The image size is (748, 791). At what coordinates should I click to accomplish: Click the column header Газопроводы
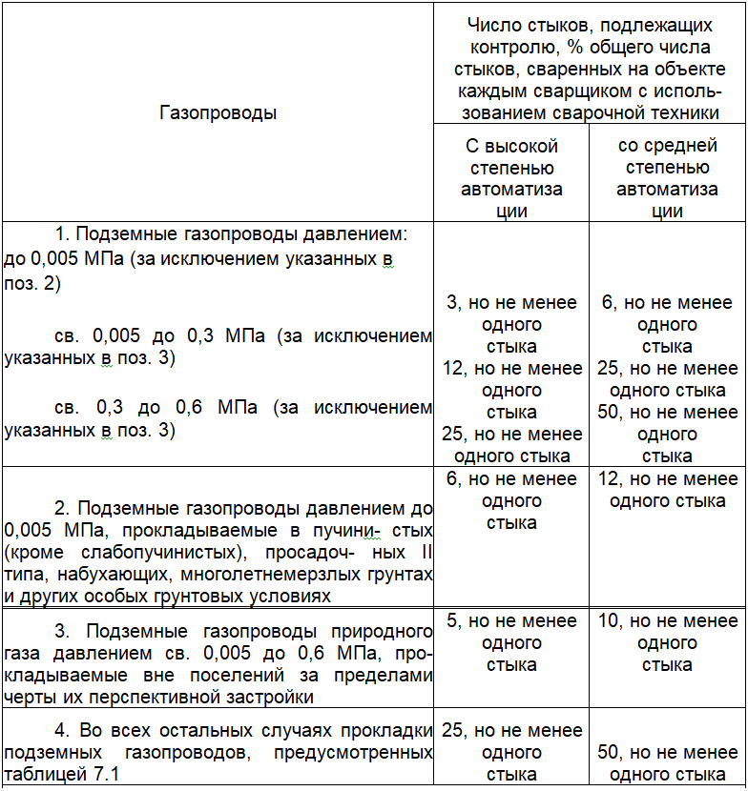218,112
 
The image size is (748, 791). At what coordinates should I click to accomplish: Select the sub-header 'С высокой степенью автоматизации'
511,178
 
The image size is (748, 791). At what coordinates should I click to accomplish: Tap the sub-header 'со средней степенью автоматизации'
667,178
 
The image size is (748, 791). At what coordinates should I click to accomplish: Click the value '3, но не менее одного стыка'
511,325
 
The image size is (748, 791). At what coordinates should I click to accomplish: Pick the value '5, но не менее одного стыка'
511,643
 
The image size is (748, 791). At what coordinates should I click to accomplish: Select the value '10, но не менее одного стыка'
667,643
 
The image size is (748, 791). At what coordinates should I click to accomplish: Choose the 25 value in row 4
452,731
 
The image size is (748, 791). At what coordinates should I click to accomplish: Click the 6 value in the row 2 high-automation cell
452,479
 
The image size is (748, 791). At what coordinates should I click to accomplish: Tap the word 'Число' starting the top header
490,26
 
